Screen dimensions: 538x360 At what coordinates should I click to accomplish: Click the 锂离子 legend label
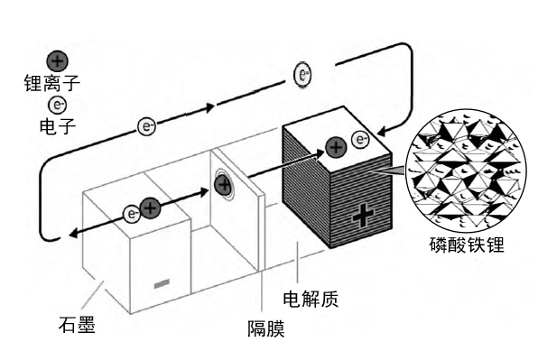(x=52, y=83)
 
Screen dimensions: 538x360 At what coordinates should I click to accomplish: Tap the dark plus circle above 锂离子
(x=57, y=61)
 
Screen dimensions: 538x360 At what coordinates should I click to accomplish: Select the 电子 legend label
(x=57, y=126)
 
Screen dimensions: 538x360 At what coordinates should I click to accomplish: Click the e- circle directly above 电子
(x=57, y=105)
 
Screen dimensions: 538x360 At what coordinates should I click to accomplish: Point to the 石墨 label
(x=77, y=324)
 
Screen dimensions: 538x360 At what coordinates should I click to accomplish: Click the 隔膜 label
(x=266, y=328)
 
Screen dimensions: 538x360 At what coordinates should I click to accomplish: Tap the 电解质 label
(x=311, y=299)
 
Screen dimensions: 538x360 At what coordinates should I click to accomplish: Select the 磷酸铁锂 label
(x=467, y=245)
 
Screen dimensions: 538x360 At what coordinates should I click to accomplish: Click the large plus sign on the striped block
(x=363, y=216)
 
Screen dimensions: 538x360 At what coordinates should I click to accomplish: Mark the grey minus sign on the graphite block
(x=162, y=284)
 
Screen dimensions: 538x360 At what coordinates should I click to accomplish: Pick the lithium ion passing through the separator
(x=224, y=185)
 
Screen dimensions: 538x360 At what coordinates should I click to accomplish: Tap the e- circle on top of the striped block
(x=360, y=140)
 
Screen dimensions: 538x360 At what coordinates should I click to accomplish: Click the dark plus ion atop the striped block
(x=336, y=147)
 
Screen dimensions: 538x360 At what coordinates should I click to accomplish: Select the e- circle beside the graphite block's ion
(x=132, y=215)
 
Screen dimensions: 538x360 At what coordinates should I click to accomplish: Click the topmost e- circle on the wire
(x=302, y=74)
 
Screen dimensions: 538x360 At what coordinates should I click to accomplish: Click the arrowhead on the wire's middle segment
(x=209, y=107)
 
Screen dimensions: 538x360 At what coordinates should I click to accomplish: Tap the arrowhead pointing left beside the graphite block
(x=73, y=235)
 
